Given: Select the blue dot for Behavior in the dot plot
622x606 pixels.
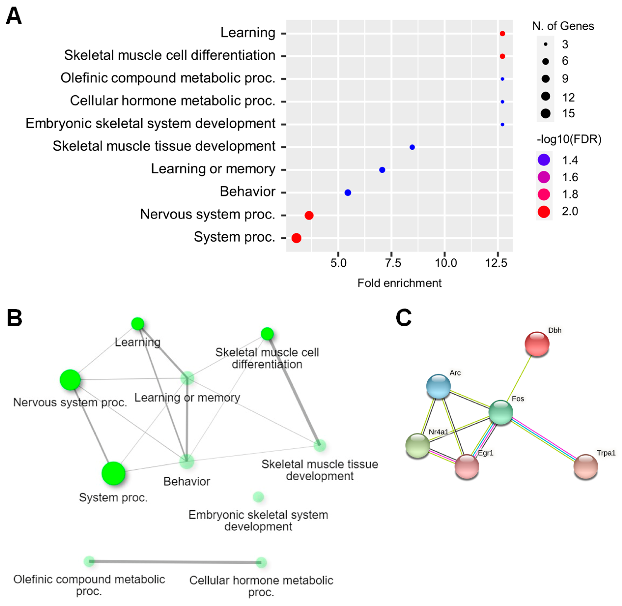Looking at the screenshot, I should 348,192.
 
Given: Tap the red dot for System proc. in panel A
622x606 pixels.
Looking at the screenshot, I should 296,238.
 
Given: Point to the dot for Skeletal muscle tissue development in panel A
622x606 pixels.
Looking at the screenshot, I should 412,147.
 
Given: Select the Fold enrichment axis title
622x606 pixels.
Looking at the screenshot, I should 399,283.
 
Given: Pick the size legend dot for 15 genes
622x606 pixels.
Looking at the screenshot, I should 545,113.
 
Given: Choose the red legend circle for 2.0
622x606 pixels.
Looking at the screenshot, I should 544,211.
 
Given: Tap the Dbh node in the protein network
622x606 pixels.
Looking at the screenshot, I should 537,344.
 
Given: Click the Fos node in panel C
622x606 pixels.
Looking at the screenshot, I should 500,412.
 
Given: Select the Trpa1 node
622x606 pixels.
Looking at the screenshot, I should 585,466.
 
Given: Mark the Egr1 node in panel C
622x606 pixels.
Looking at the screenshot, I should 467,466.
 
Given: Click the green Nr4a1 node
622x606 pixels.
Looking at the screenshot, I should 418,446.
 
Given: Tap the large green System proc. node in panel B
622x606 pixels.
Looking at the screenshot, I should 113,473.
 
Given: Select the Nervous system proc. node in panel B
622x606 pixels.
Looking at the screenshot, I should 70,380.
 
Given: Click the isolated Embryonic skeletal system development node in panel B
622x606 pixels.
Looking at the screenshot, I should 258,497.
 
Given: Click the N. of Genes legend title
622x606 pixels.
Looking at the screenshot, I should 563,26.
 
